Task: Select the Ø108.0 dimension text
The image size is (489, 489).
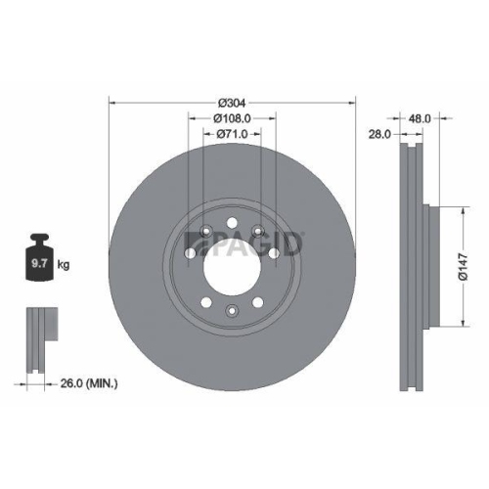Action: click(232, 118)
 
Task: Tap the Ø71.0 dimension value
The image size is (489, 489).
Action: click(232, 134)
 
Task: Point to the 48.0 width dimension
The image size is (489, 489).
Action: click(422, 117)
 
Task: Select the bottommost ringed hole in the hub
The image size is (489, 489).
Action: click(232, 311)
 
